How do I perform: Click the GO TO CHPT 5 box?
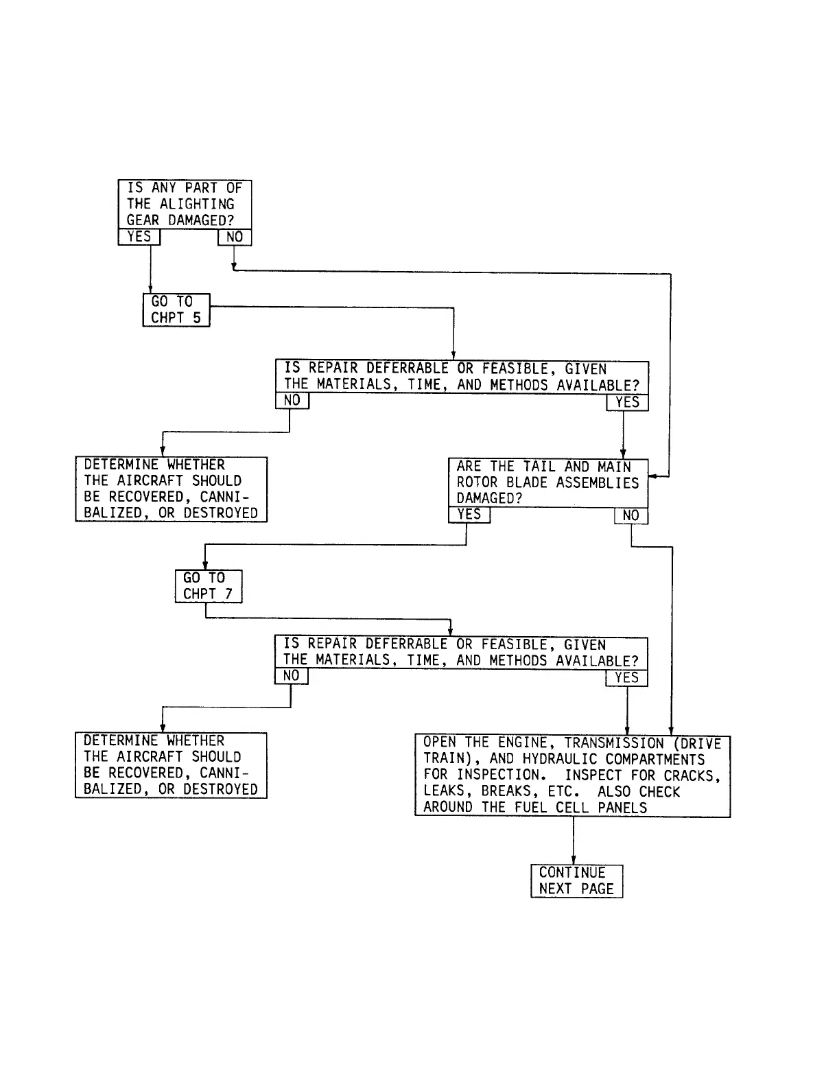[176, 310]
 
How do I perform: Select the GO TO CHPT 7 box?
[209, 587]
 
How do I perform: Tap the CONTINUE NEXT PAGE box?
[576, 881]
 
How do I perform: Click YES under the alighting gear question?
[139, 237]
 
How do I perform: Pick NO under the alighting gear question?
[235, 237]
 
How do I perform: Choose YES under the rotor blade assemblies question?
[469, 515]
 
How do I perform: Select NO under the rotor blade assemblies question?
[630, 516]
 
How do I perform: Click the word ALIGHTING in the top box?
[197, 204]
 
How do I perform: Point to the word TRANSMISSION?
[614, 743]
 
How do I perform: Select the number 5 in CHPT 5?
[197, 318]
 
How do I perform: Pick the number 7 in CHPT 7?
[228, 594]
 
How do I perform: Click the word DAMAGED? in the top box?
[200, 221]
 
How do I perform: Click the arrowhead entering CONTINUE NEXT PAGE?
[574, 861]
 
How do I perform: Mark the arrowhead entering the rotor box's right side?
[652, 476]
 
